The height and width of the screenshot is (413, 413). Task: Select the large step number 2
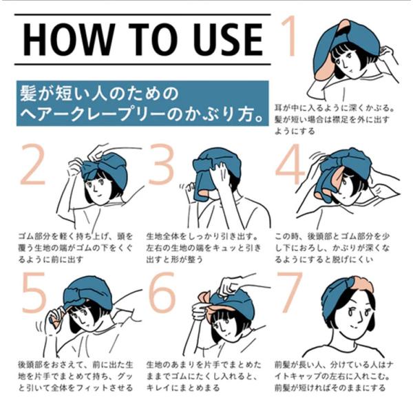point(32,164)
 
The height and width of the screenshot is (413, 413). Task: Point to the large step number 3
point(161,164)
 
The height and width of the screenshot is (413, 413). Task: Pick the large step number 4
point(288,164)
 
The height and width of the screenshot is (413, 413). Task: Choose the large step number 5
point(34,293)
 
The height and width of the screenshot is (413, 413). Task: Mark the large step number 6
point(162,293)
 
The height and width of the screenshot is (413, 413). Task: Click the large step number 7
point(288,293)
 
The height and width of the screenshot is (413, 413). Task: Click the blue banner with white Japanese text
point(142,103)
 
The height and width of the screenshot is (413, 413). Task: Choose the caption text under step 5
point(75,377)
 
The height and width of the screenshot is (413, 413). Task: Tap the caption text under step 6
point(203,377)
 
